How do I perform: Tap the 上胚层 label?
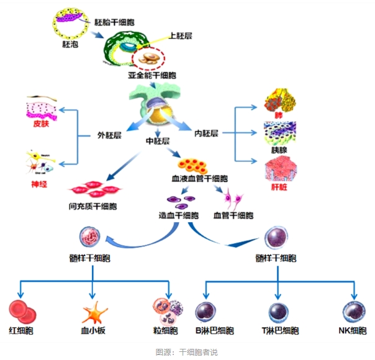[181, 36]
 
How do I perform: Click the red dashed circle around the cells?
[149, 58]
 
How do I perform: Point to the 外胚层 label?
[109, 135]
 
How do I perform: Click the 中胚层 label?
[158, 141]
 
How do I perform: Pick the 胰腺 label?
[281, 149]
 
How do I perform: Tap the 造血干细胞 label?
[178, 215]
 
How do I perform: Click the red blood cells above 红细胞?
[23, 310]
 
